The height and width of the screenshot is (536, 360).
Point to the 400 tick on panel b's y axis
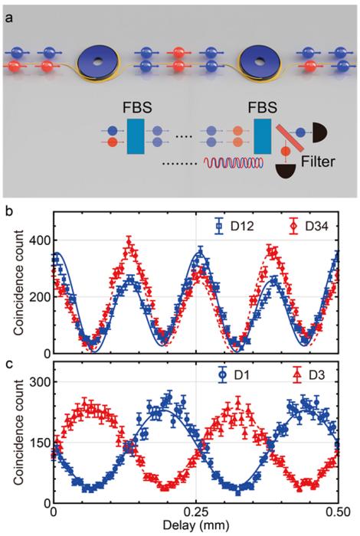35,239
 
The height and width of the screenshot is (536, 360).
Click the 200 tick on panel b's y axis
35,296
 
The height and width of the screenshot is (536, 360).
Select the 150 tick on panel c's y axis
35,442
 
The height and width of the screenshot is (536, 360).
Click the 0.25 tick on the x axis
197,512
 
